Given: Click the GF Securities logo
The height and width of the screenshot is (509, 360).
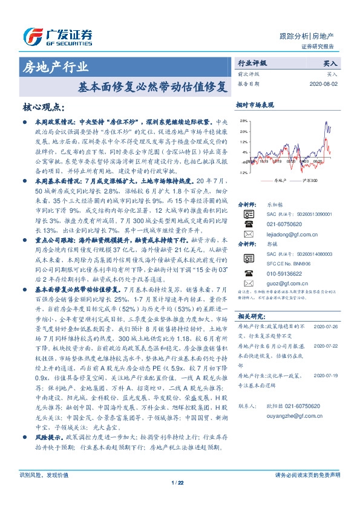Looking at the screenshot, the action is click(58, 37).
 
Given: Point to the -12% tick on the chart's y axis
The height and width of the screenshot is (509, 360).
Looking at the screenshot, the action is click(242, 172).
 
